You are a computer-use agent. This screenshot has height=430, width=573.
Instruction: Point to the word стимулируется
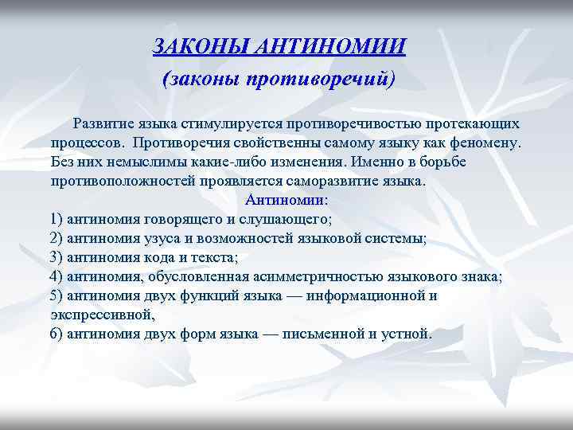click(x=229, y=124)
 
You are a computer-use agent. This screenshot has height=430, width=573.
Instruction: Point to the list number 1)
click(x=56, y=219)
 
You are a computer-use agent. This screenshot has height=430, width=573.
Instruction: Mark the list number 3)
click(x=56, y=257)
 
